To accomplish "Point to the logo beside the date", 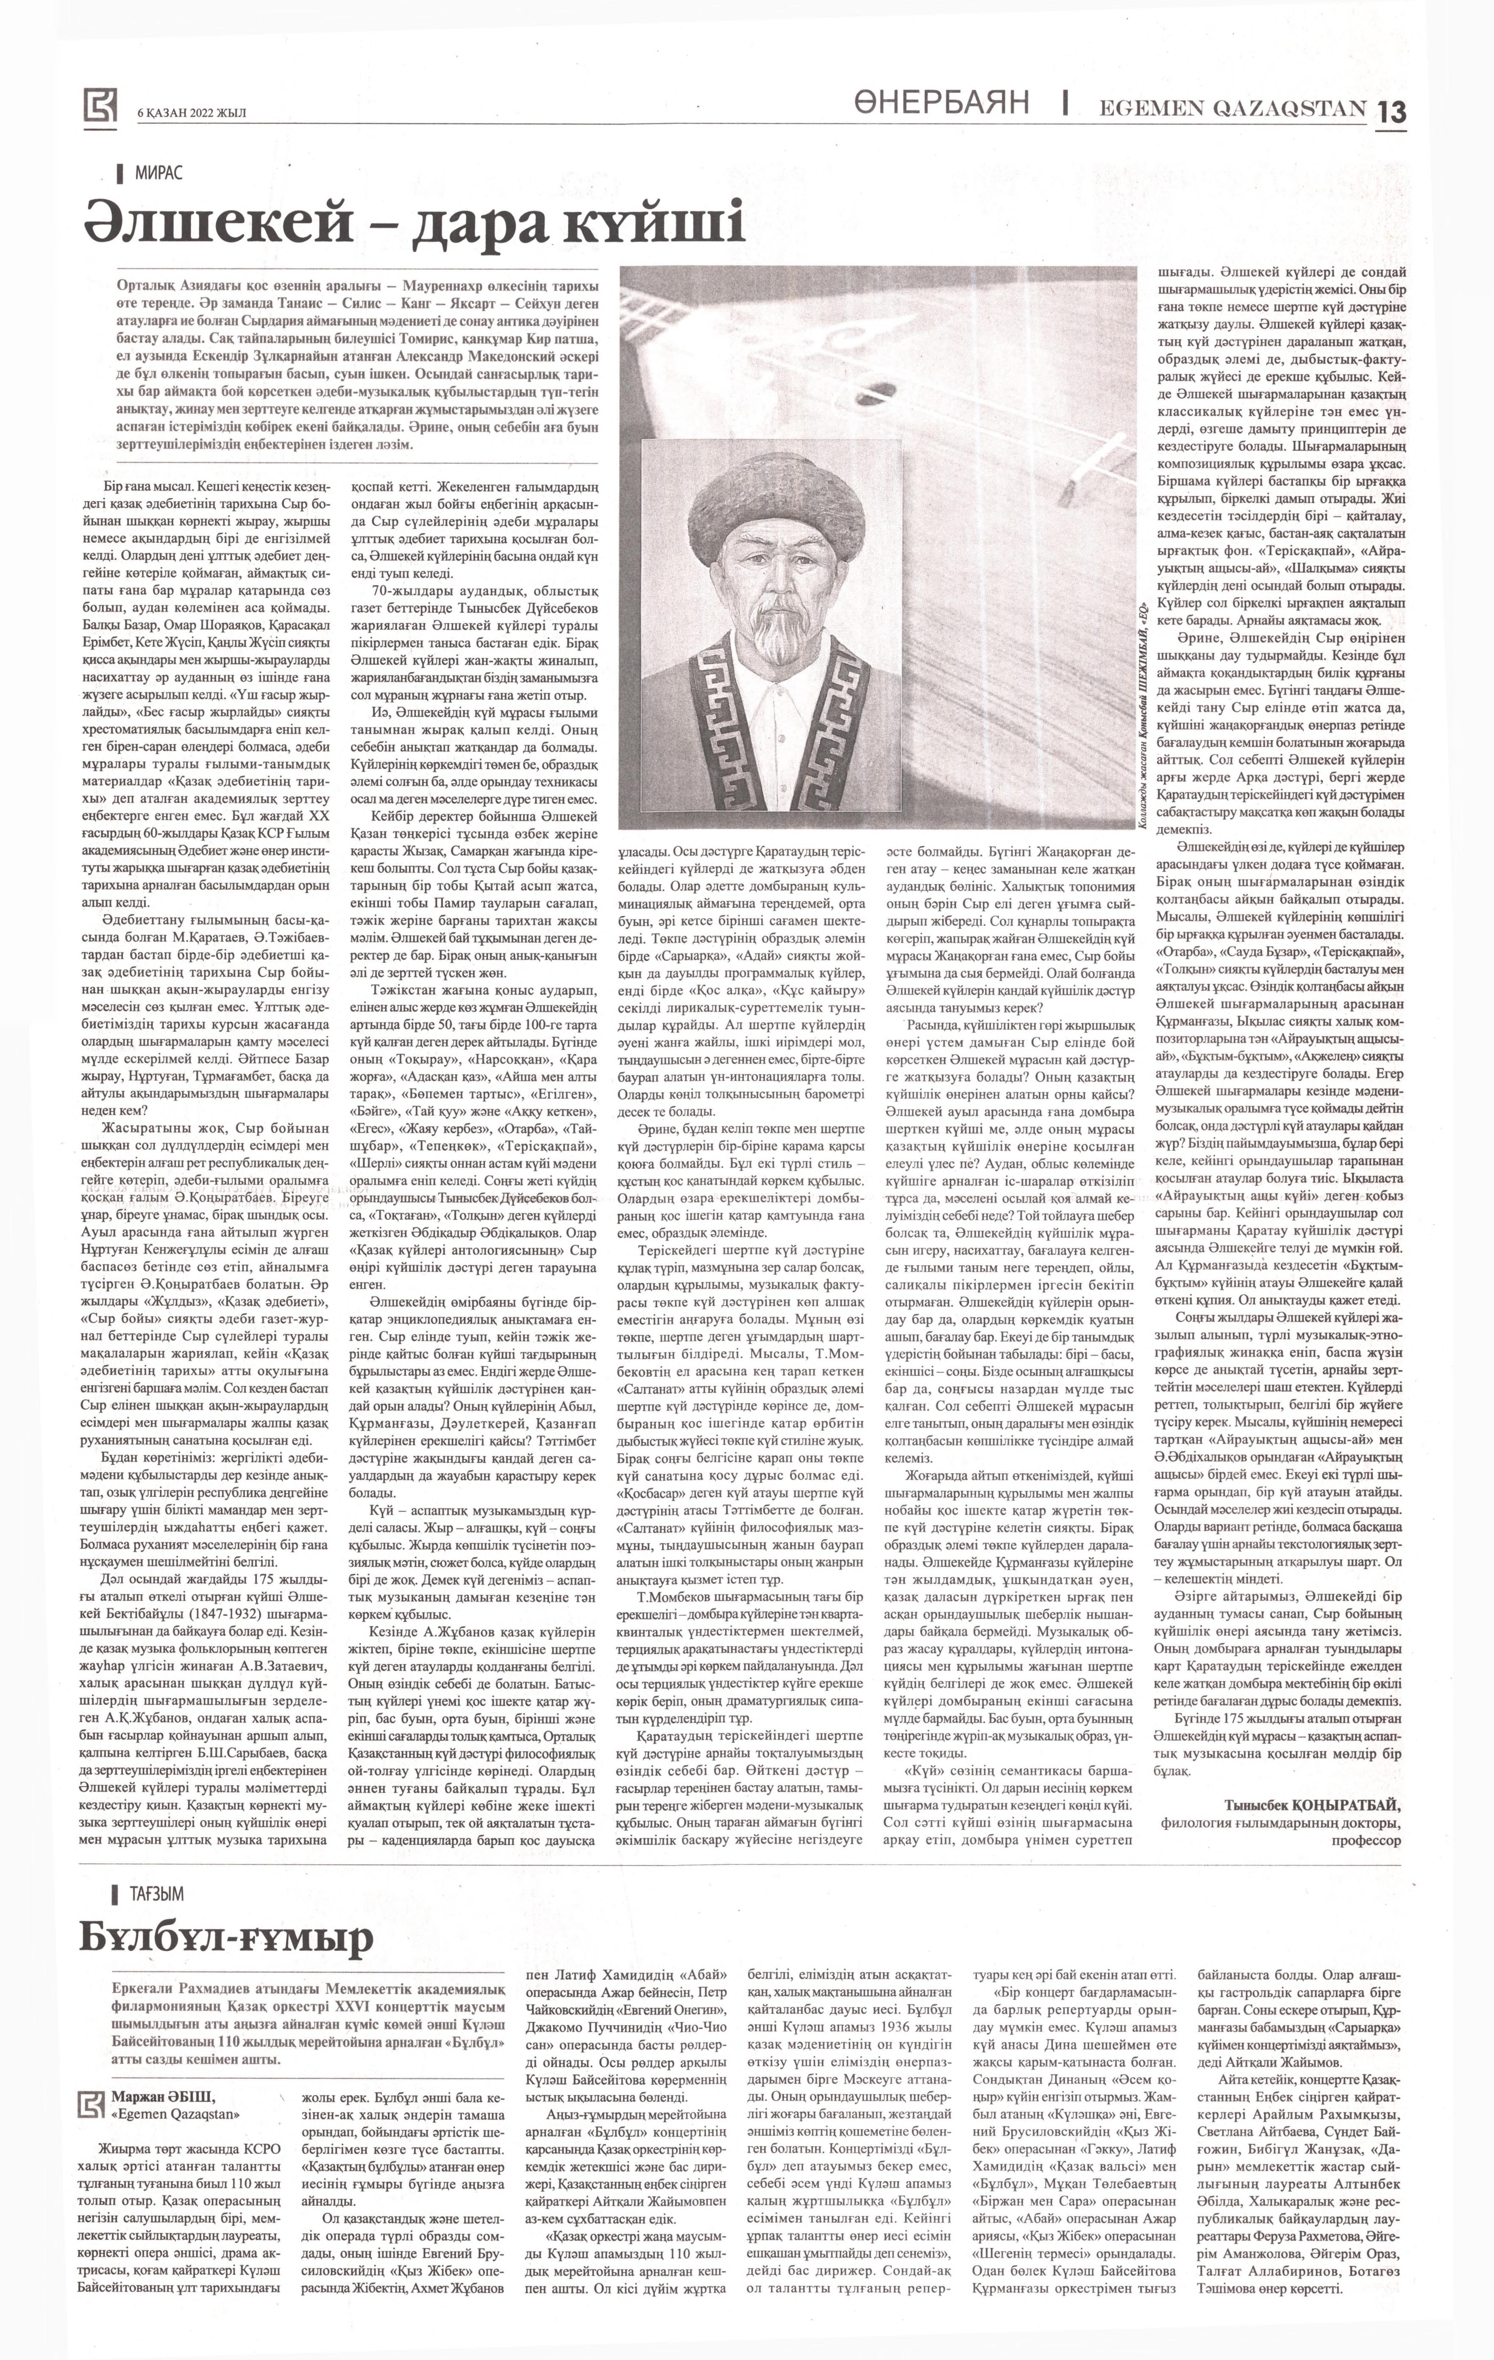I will pyautogui.click(x=100, y=106).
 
